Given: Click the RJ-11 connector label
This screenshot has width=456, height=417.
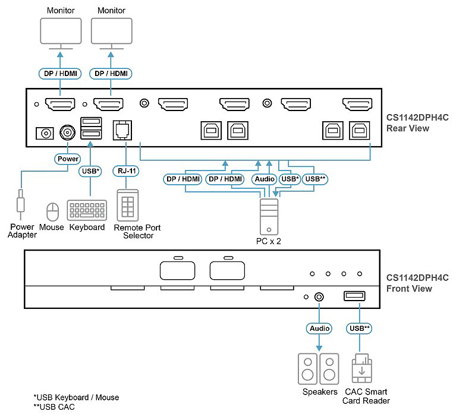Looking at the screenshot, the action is [x=126, y=171].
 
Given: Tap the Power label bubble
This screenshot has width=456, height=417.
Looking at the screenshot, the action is [x=68, y=159].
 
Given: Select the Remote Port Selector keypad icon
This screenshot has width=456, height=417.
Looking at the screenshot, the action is [x=127, y=206].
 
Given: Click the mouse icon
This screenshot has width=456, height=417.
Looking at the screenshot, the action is [x=53, y=212].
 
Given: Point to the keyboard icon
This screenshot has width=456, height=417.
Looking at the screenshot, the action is [x=87, y=210].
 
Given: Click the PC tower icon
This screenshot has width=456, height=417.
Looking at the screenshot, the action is [x=269, y=217].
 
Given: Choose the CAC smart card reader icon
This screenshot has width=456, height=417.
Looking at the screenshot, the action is [x=362, y=368].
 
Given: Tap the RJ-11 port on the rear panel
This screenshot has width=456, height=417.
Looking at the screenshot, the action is [x=122, y=130].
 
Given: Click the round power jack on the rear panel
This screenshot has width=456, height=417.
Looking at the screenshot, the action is [x=67, y=133].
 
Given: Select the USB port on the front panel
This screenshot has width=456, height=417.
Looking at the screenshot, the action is [x=354, y=296].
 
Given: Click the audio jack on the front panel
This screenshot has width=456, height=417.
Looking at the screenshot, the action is [x=319, y=296].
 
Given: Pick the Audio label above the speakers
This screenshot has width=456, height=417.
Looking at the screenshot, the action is [x=319, y=328].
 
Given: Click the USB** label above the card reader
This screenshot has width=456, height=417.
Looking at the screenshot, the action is [x=359, y=328].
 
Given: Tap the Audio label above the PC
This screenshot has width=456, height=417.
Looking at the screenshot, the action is [x=265, y=179].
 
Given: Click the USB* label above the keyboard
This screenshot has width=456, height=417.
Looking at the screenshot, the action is [x=90, y=171].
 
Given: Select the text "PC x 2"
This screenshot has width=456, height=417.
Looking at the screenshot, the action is [x=268, y=241].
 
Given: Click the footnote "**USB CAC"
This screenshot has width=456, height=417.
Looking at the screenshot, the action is [x=54, y=407].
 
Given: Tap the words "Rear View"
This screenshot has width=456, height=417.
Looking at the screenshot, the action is [x=407, y=128].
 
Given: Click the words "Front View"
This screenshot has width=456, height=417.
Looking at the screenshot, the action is [x=409, y=289].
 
